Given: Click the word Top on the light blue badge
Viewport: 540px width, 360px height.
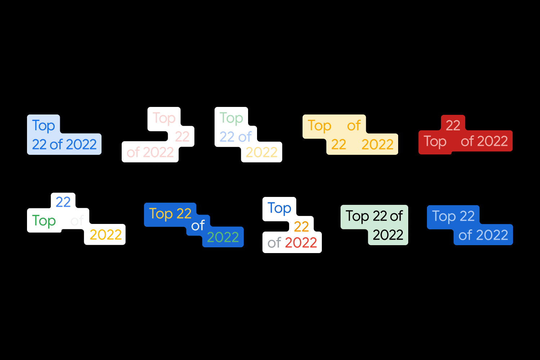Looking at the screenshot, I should [x=44, y=126].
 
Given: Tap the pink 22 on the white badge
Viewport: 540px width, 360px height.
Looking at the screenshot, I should [x=182, y=136].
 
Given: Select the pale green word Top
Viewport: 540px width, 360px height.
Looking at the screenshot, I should [x=231, y=118].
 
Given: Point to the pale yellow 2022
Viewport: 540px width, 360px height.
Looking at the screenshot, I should [x=262, y=153].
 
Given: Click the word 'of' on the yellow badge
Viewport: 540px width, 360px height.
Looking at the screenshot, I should [x=354, y=126].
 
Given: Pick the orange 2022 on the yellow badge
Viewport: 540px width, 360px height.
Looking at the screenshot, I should [x=377, y=145].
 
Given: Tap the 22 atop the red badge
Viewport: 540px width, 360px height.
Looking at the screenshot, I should [x=453, y=126].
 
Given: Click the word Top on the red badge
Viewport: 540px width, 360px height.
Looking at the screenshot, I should [x=435, y=141].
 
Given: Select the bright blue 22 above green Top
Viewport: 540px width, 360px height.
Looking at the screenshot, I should [x=63, y=202].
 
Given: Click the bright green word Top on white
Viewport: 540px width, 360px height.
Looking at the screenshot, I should [x=44, y=221].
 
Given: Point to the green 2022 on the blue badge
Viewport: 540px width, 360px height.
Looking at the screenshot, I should [x=223, y=237].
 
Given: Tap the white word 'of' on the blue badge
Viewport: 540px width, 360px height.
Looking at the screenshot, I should [x=198, y=226].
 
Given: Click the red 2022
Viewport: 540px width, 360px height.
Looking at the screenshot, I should [x=301, y=243].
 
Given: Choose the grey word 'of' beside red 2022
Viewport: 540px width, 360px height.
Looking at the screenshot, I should [x=274, y=243].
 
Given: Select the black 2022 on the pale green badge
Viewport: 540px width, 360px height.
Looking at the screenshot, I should [x=388, y=235].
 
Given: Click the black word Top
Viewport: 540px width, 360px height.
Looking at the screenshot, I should [x=357, y=216].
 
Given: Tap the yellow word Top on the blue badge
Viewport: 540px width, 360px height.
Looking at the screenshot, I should [x=161, y=214].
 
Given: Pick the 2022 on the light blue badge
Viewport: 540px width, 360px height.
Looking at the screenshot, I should [x=81, y=145].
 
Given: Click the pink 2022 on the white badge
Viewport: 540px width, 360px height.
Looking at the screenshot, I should [x=158, y=153].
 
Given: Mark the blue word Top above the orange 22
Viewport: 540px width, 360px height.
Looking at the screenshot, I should [x=279, y=208].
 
